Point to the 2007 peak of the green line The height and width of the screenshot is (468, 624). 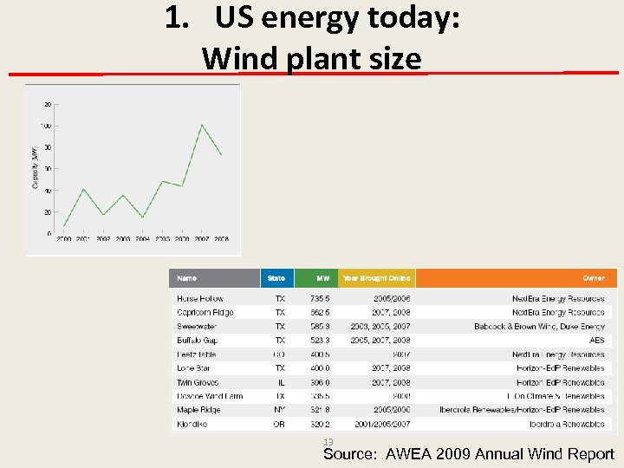pos(202,125)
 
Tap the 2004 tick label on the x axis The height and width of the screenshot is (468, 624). pos(142,238)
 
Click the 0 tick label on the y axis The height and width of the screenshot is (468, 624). pos(49,232)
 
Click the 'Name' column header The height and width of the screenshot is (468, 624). pos(186,278)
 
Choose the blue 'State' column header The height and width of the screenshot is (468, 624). pos(276,278)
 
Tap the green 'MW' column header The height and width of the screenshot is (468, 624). pos(322,278)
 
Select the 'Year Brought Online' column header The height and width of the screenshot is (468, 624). pos(376,278)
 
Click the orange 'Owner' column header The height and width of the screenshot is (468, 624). pos(593,278)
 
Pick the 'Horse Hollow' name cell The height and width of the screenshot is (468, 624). pos(200,299)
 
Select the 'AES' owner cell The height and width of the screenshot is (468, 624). pos(596,341)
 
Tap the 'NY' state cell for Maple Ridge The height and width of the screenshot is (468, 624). pos(280,410)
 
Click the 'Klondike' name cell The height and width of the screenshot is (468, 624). pos(192,424)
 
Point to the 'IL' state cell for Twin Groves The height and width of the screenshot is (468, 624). pos(281,382)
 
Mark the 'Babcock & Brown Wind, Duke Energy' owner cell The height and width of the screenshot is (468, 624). pos(539,327)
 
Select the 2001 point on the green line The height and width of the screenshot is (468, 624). pos(83,189)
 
